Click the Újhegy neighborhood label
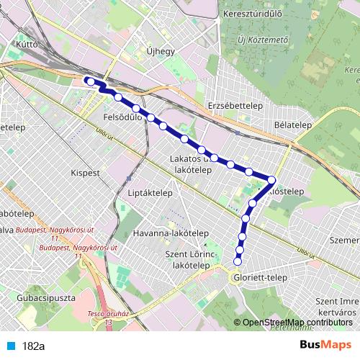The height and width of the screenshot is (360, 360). pos(160,52)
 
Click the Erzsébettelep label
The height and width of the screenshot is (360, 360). pos(233,105)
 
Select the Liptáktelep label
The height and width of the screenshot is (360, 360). pos(148,194)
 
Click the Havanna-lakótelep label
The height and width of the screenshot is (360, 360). pos(171,234)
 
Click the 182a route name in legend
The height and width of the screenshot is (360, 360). pos(33,346)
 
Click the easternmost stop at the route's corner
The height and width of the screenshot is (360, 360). pos(272,180)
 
